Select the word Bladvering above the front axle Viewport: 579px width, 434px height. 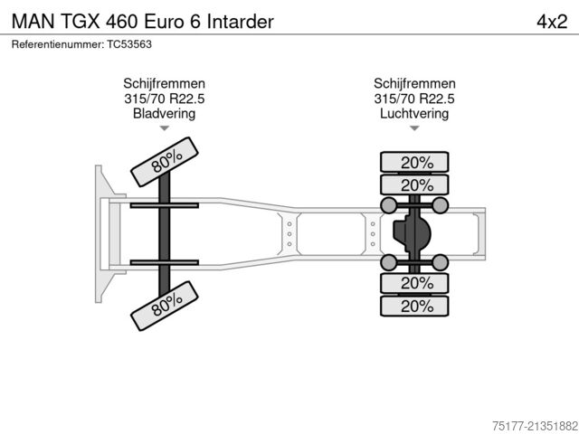point(164,114)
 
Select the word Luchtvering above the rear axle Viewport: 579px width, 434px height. point(414,114)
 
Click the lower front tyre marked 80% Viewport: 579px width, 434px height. point(166,306)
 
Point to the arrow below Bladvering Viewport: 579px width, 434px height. point(164,128)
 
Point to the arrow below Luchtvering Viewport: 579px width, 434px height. point(414,128)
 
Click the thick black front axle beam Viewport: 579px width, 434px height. point(166,233)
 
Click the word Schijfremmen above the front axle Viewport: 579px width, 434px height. point(164,84)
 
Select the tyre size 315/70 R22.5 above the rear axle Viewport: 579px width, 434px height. point(414,99)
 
